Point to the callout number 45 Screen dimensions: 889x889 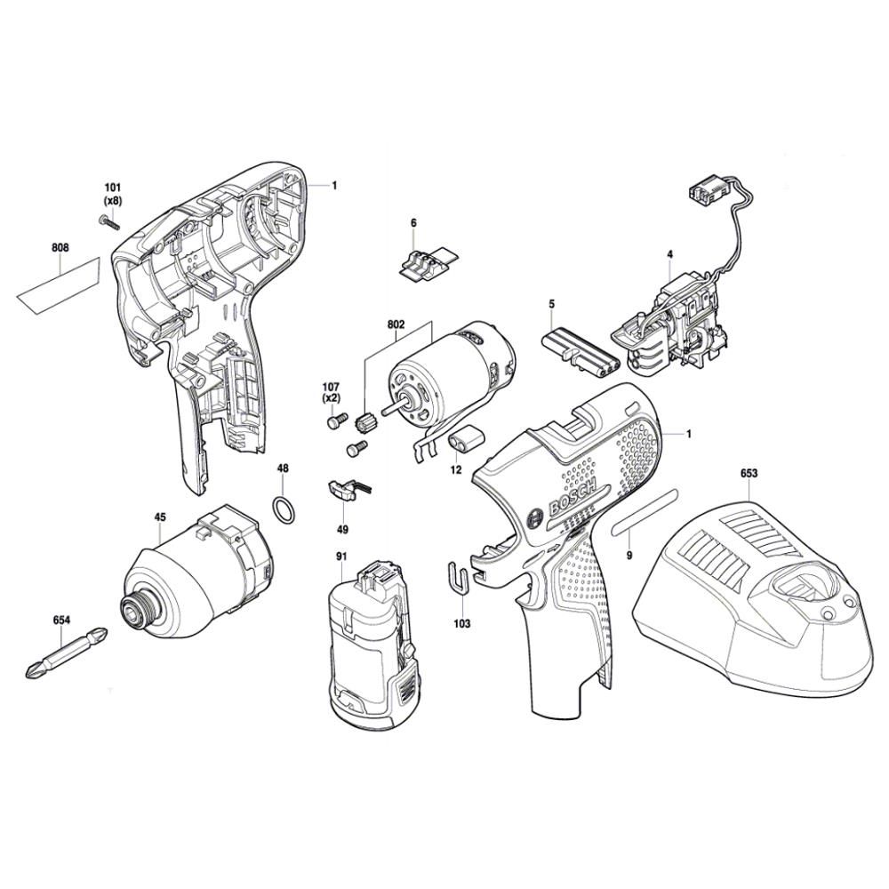[x=160, y=516]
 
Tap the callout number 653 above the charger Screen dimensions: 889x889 [x=749, y=475]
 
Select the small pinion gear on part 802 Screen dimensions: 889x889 [x=363, y=420]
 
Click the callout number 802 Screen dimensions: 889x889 [x=396, y=325]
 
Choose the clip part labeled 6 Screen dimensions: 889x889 [x=425, y=265]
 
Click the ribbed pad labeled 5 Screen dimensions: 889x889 [x=579, y=348]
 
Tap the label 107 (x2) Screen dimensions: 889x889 [x=332, y=393]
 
